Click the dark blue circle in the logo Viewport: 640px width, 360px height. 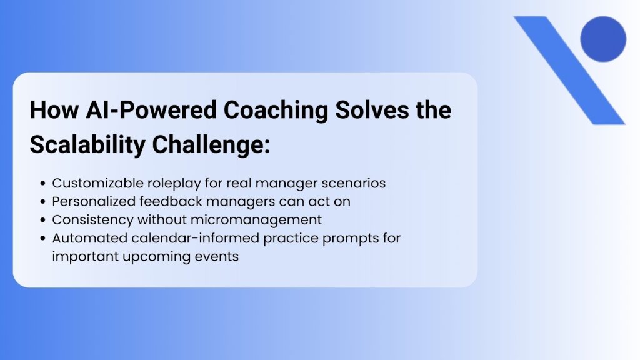[x=602, y=39]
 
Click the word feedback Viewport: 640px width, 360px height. [x=165, y=202]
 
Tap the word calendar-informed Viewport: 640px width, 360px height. [x=174, y=238]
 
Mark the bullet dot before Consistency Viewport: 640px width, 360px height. [x=42, y=220]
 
